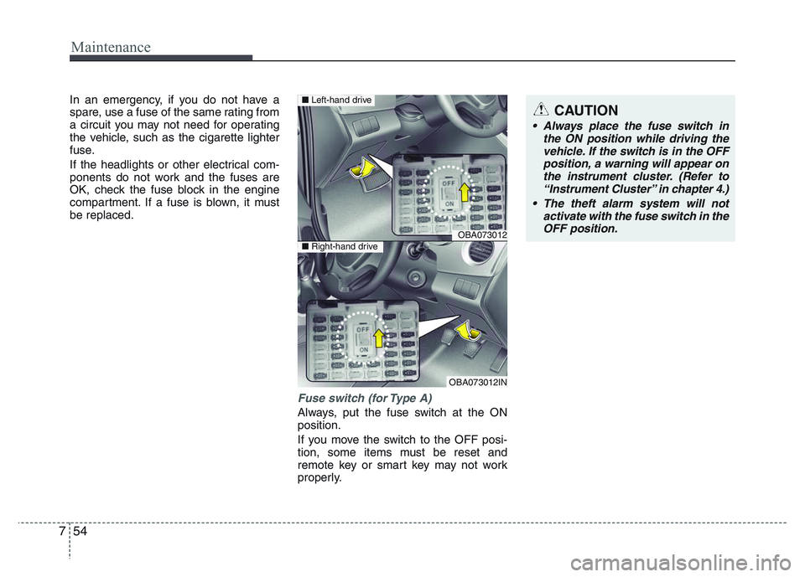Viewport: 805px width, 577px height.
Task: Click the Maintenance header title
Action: pos(111,47)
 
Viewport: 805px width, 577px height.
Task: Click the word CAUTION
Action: pos(586,110)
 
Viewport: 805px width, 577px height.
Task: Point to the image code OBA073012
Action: pos(482,235)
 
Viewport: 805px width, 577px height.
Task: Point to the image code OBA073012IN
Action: pos(478,382)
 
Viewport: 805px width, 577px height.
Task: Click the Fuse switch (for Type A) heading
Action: pos(365,399)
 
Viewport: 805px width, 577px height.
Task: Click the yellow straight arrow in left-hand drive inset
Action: pos(463,192)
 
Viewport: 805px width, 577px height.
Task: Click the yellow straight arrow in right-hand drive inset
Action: pos(379,337)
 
